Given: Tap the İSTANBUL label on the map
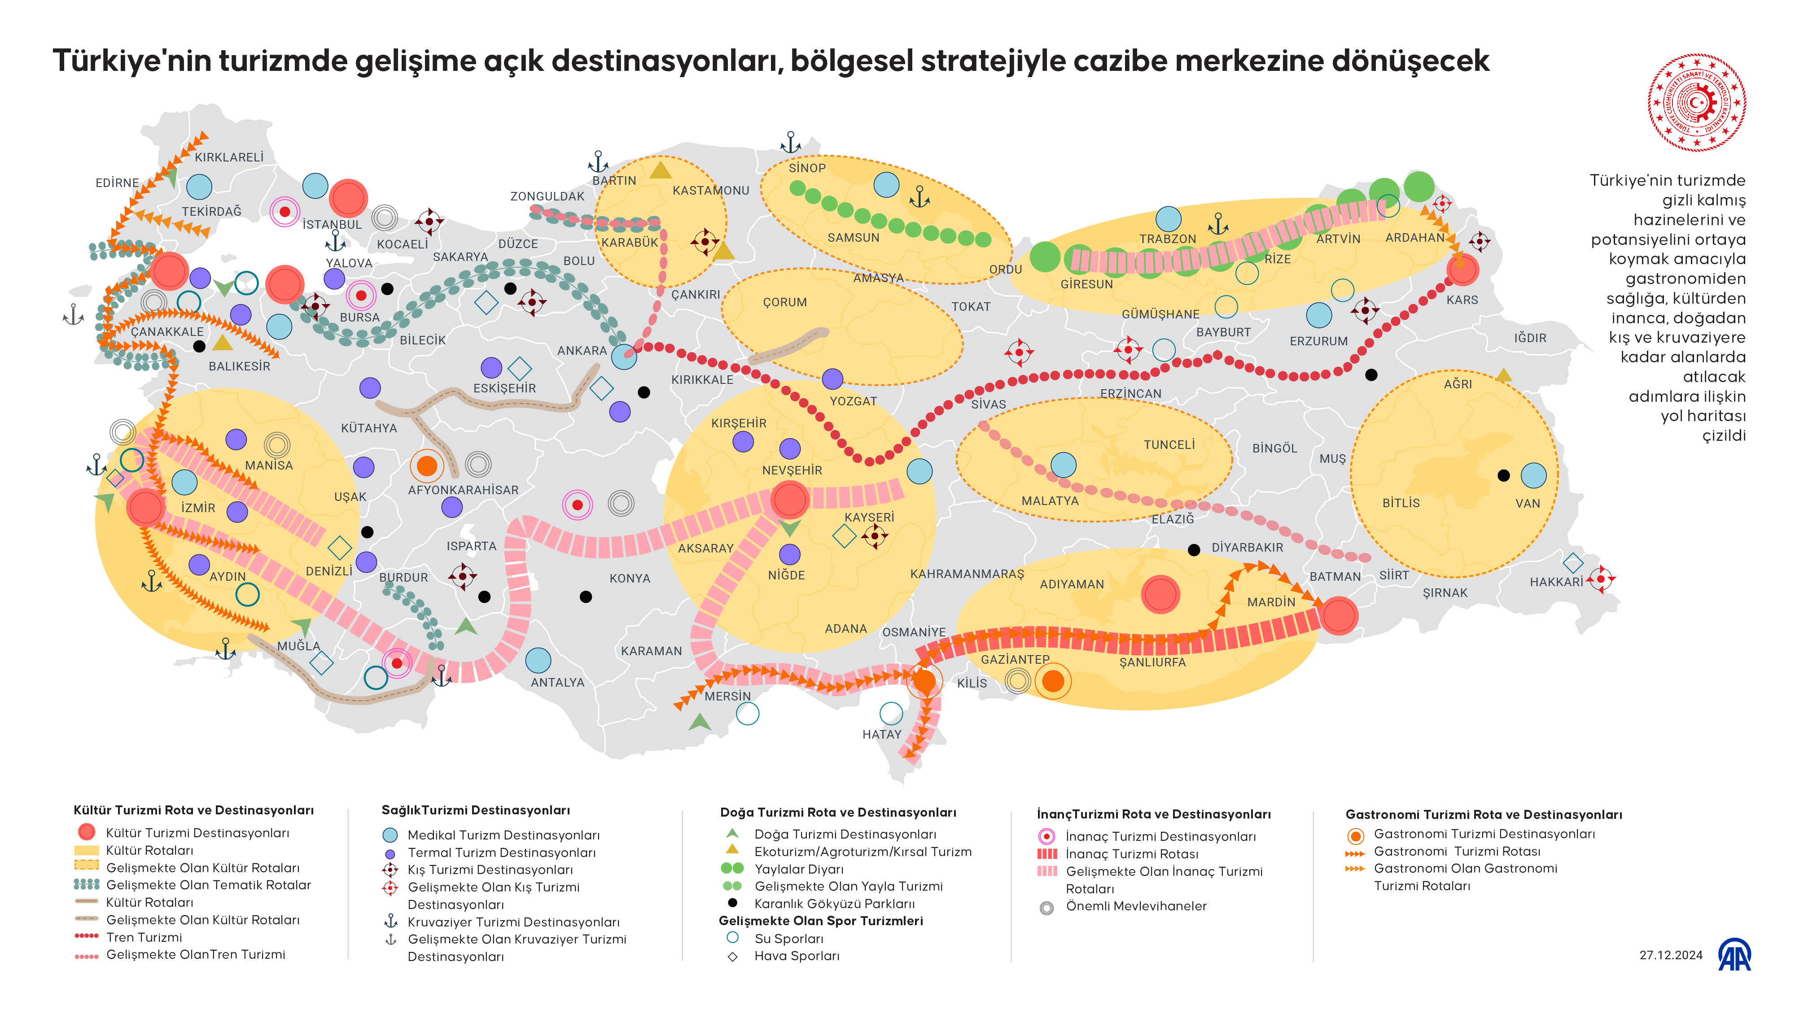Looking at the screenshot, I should coord(332,224).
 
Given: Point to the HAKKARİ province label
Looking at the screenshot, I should coord(1555,582).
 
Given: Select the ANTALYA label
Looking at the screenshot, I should coord(557,683).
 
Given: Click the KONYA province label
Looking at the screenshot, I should coord(629,578).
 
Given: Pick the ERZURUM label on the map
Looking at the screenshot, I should coord(1318,341).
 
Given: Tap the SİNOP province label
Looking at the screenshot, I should coord(807,168).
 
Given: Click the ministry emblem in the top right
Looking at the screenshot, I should coord(1697,102).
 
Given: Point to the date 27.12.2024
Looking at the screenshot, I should coord(1670,955).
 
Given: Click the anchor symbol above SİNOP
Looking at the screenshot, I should coord(790,142).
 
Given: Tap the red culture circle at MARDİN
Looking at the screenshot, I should coord(1339,616).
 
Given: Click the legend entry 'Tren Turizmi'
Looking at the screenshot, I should coord(144,937).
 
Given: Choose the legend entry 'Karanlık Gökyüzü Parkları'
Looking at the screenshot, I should coord(834,904).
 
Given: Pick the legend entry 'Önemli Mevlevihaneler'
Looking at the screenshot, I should coord(1136,906).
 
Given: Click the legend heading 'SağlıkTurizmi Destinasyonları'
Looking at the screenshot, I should coord(475,810).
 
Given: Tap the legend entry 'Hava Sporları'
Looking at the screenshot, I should coord(797,956).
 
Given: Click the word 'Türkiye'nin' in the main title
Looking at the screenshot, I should coord(131,61).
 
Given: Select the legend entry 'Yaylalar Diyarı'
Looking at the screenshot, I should coord(799,869).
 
